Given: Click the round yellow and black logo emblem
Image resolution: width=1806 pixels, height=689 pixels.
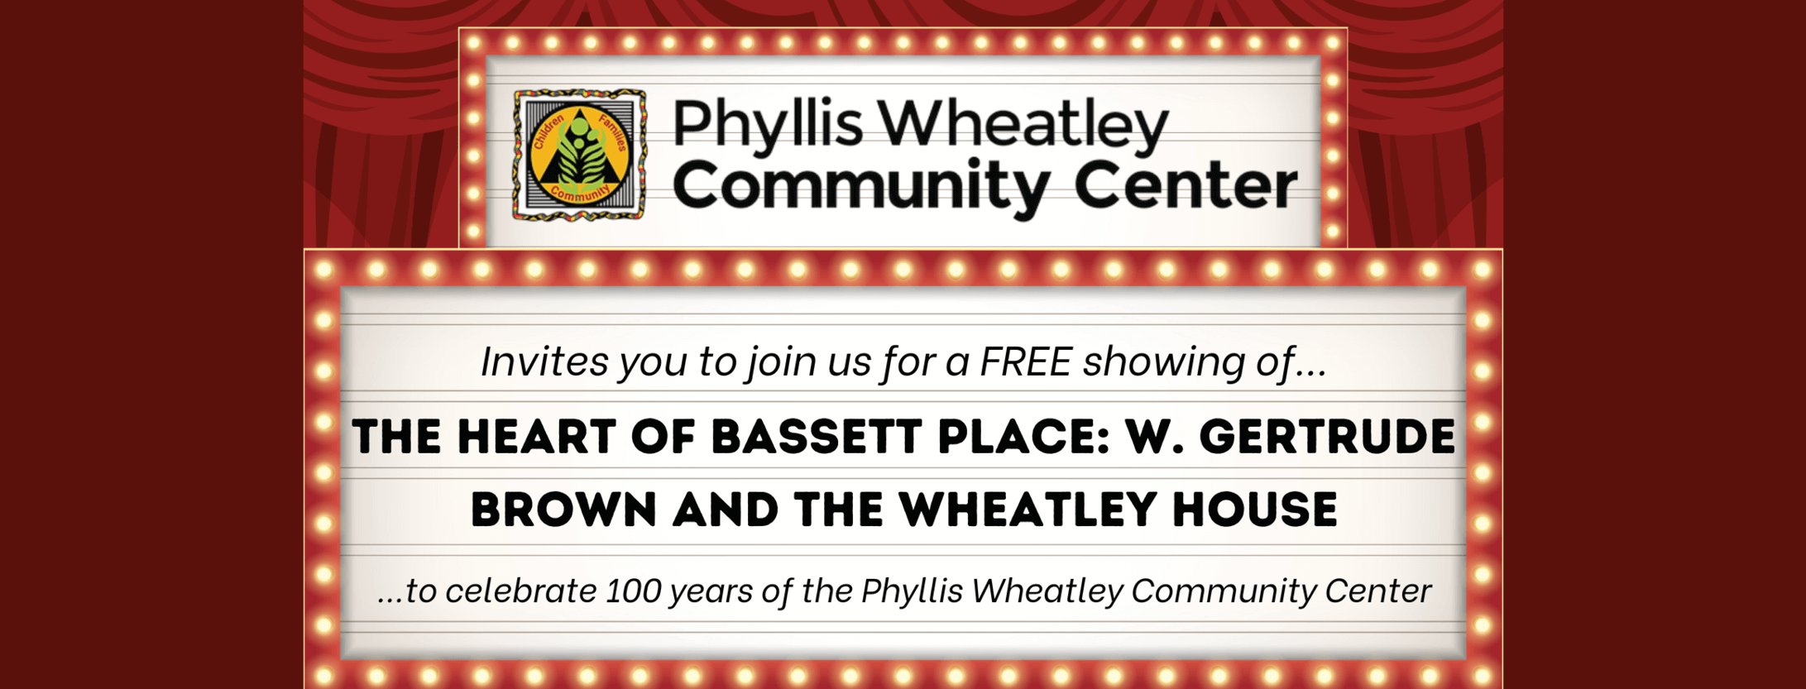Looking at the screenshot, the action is [579, 156].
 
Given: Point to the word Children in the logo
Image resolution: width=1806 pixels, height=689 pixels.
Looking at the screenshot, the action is [548, 132].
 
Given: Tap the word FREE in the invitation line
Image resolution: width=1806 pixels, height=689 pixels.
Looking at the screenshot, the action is [1025, 361].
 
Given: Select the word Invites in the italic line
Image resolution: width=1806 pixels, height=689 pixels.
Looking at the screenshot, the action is [544, 361].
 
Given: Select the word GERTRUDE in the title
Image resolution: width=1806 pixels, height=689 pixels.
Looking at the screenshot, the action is [1327, 437].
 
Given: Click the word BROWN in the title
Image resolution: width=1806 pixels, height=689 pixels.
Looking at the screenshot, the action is [563, 510].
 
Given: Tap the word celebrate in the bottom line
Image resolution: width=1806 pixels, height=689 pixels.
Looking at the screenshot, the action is [521, 591].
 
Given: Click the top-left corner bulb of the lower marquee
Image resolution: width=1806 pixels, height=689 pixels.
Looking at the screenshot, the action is [323, 270].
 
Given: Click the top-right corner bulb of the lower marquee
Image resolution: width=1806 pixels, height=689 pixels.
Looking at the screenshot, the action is [1482, 270].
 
